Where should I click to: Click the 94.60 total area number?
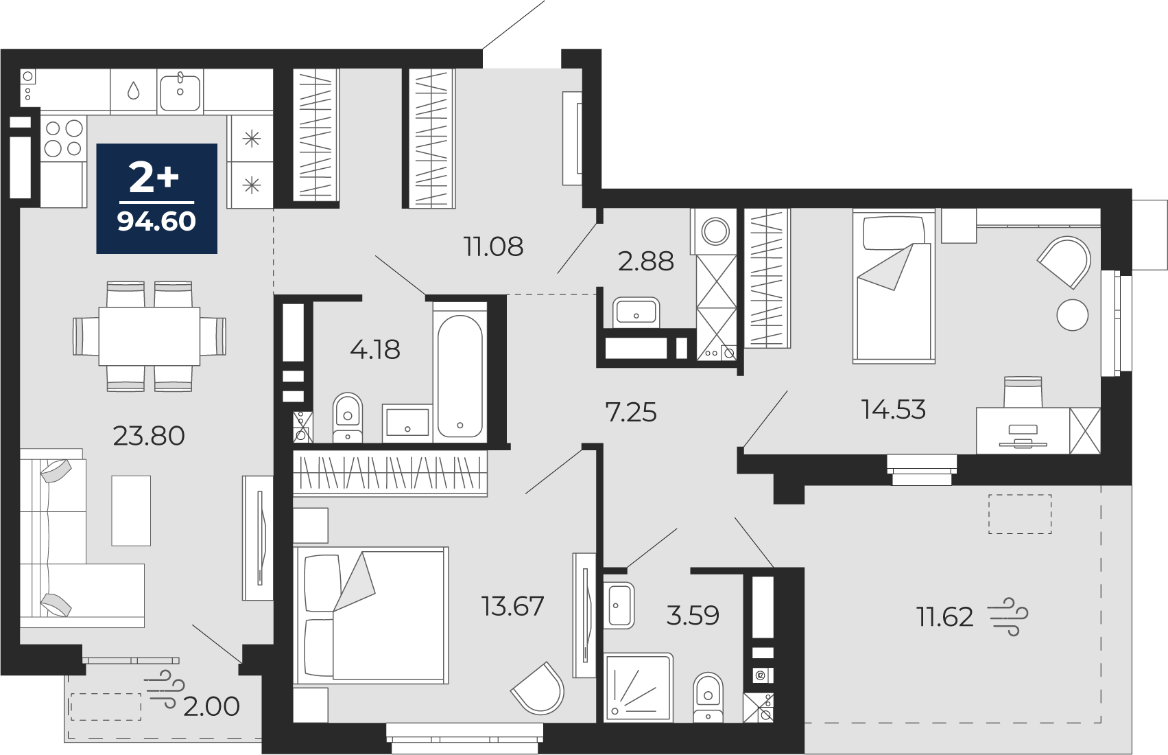coord(156,222)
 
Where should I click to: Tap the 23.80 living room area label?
coord(149,436)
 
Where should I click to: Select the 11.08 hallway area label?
coord(493,247)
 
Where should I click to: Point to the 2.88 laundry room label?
coord(645,262)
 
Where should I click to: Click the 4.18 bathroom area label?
coord(375,349)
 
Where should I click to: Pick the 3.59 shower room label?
coord(693,616)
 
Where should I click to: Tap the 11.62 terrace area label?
coord(944,617)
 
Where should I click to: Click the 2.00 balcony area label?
coord(211,706)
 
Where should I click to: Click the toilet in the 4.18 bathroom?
coord(347,417)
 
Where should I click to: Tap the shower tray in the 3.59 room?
coord(639,687)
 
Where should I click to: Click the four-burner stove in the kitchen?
coord(64,138)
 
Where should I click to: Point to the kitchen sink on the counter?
coord(180,91)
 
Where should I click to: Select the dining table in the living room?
coord(149,336)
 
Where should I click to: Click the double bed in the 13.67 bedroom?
coord(371,615)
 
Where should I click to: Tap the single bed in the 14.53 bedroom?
coord(894,286)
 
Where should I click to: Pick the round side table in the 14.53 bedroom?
coord(1073,314)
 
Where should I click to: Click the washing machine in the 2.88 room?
coord(714,232)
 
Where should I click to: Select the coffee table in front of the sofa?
coord(131,511)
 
